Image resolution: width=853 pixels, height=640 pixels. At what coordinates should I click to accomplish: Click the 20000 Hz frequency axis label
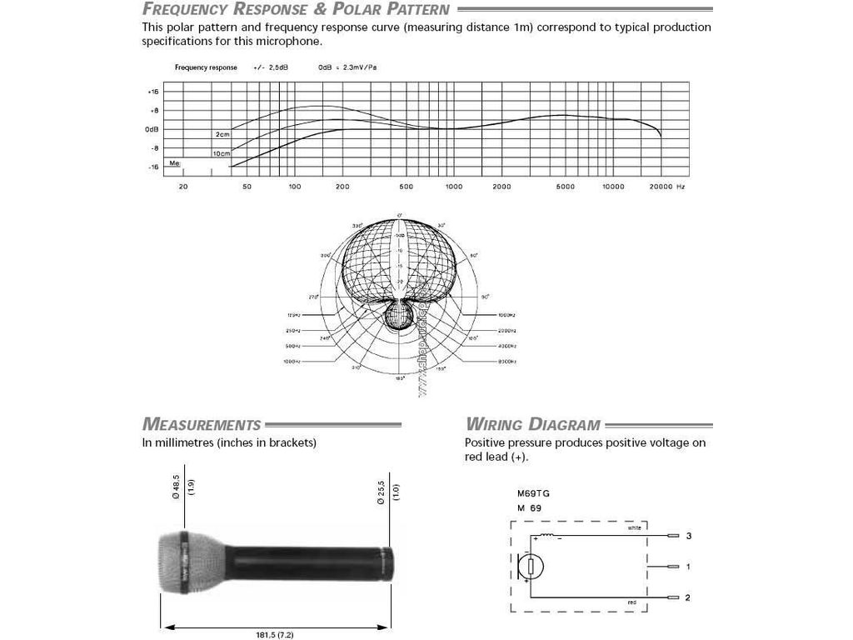(x=667, y=187)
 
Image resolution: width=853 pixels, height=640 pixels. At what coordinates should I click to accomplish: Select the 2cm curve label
(x=222, y=134)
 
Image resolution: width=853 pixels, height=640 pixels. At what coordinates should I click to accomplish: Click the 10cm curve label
(x=221, y=154)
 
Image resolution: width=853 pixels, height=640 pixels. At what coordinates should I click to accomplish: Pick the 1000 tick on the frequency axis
(x=453, y=187)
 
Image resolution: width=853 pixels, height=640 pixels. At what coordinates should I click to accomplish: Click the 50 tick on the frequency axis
(x=247, y=187)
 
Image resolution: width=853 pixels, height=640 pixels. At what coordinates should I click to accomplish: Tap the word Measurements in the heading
(x=202, y=425)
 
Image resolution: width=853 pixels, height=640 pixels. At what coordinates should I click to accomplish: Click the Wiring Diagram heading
(x=533, y=425)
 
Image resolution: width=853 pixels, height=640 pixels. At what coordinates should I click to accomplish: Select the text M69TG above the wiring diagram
(x=533, y=493)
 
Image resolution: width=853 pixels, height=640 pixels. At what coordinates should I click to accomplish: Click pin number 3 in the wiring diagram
(x=688, y=536)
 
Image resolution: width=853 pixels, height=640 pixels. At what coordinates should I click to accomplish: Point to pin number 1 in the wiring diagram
(x=688, y=567)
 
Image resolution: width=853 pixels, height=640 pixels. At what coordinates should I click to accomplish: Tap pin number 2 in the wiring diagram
(x=688, y=597)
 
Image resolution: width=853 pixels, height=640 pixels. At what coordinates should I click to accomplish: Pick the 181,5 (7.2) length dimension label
(x=275, y=635)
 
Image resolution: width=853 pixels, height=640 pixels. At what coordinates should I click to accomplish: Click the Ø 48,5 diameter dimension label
(x=177, y=487)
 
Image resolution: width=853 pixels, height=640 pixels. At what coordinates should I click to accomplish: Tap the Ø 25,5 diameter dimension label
(x=381, y=487)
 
